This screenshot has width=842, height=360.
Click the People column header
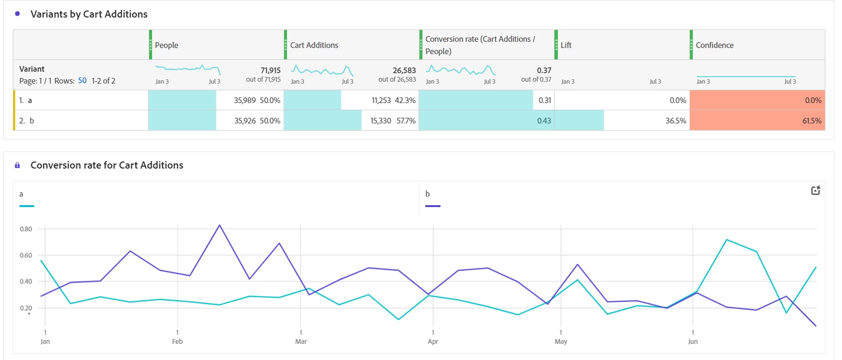(x=167, y=45)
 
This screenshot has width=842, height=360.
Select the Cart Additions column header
(x=314, y=45)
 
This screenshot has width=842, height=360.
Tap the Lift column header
(x=566, y=45)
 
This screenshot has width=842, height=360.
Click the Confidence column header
(x=715, y=45)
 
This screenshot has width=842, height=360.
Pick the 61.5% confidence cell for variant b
(x=812, y=121)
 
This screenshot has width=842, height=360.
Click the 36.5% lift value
(x=676, y=121)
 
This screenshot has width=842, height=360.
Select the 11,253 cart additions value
(x=381, y=100)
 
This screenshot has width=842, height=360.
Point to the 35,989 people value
(x=245, y=100)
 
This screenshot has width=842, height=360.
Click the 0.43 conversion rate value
(x=544, y=121)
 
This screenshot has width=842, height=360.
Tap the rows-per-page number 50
(x=82, y=81)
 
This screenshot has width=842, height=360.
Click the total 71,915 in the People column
(x=270, y=70)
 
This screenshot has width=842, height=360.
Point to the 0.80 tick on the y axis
(x=26, y=229)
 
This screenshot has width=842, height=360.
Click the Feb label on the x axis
(x=177, y=341)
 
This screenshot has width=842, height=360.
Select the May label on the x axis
(x=561, y=341)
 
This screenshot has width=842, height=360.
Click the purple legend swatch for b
(x=432, y=206)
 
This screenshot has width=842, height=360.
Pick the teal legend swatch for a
(x=27, y=206)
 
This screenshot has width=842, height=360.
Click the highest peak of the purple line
(x=220, y=225)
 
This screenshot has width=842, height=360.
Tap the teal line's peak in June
(x=727, y=240)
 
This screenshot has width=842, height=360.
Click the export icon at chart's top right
(x=815, y=190)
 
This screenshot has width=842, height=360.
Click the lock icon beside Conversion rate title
(x=18, y=165)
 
